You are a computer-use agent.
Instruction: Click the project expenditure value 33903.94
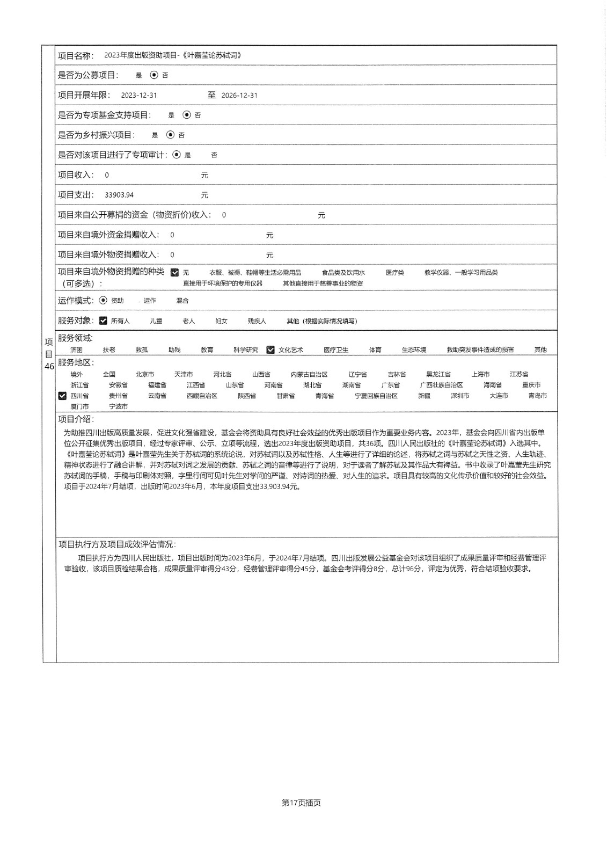119,195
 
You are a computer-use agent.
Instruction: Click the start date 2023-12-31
139,96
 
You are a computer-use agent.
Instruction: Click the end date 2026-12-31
239,96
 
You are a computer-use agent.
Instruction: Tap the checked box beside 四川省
62,396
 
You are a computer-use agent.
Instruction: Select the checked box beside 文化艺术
270,350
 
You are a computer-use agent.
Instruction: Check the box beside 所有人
104,321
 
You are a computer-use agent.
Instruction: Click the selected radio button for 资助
104,301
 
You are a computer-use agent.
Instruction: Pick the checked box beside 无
174,273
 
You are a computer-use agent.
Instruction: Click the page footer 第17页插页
301,803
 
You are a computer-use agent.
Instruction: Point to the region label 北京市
145,375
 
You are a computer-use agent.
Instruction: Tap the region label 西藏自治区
202,396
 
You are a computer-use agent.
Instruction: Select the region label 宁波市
119,407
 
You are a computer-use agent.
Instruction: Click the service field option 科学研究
245,350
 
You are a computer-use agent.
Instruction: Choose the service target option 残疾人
257,321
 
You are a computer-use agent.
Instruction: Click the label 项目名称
75,56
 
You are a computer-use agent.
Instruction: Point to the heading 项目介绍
76,419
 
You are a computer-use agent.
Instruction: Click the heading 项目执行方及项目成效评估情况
117,544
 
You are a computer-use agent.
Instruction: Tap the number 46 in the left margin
49,367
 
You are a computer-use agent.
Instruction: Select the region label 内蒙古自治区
309,375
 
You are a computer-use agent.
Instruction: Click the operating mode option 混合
182,301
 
